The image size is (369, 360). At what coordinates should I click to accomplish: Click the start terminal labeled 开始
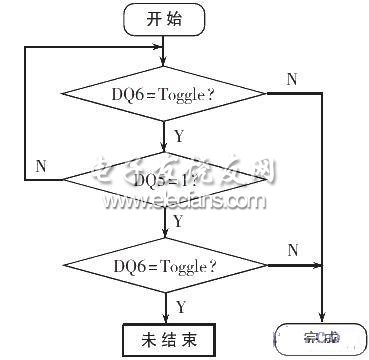point(165,18)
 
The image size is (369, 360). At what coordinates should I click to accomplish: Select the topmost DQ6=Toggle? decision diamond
point(165,95)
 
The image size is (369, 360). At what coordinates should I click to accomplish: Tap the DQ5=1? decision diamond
point(165,179)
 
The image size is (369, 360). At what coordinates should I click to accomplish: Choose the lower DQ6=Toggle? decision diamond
point(165,265)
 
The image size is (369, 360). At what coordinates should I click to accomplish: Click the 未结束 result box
point(165,338)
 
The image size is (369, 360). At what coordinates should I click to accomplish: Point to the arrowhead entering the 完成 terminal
point(322,320)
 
